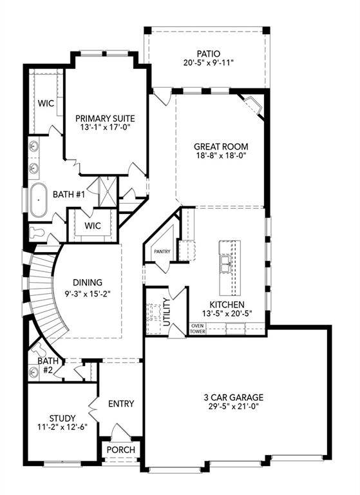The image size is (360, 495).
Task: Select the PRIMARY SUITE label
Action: [x=104, y=119]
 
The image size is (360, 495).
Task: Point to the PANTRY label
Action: [x=160, y=252]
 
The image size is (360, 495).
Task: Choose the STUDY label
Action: [x=62, y=418]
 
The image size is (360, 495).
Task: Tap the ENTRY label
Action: [x=121, y=404]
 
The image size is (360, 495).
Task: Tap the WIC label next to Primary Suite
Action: [x=45, y=103]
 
